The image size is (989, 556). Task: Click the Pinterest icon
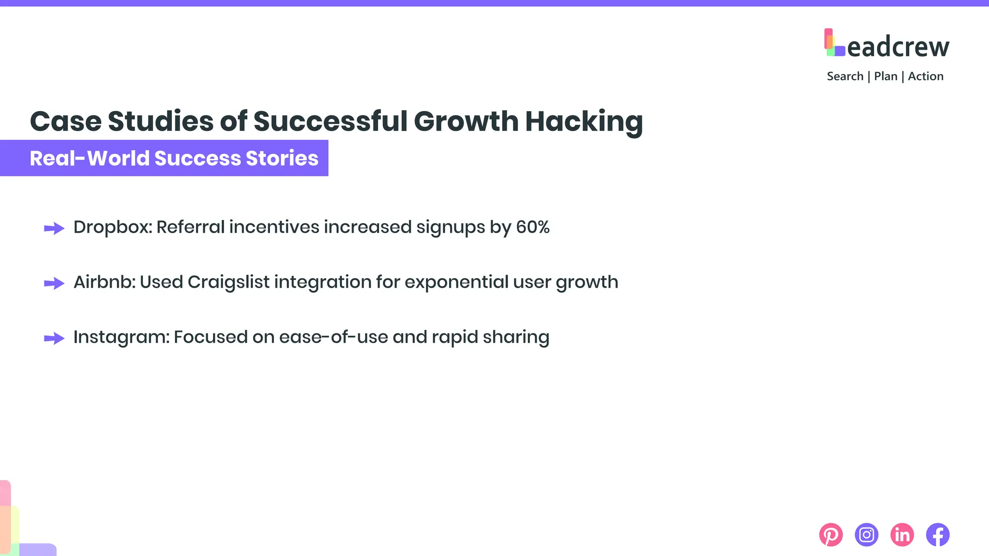pyautogui.click(x=831, y=535)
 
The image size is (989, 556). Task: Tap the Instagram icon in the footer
pyautogui.click(x=866, y=535)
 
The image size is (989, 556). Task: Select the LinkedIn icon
pyautogui.click(x=902, y=535)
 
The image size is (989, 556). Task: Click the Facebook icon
pyautogui.click(x=938, y=535)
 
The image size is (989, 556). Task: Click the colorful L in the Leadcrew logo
pyautogui.click(x=834, y=43)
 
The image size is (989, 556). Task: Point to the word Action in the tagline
pyautogui.click(x=925, y=76)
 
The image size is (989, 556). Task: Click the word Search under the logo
pyautogui.click(x=845, y=76)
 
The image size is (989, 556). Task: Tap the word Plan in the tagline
pyautogui.click(x=885, y=76)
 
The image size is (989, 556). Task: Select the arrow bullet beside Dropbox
pyautogui.click(x=54, y=228)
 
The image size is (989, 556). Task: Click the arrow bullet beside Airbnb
pyautogui.click(x=54, y=283)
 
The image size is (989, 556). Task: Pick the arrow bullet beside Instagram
pyautogui.click(x=54, y=338)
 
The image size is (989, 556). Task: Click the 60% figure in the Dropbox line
pyautogui.click(x=533, y=227)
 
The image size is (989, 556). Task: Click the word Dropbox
pyautogui.click(x=112, y=227)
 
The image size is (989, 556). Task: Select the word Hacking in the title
pyautogui.click(x=584, y=121)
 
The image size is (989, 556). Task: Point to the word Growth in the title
pyautogui.click(x=466, y=121)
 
